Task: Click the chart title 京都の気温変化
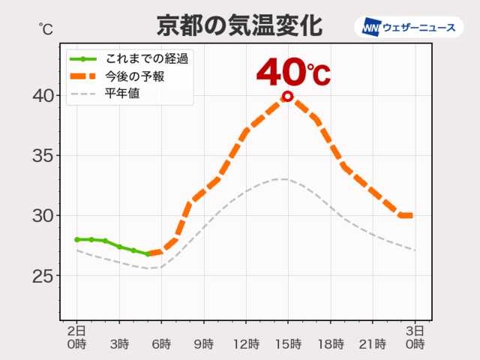tap(239, 25)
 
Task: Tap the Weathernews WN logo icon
tap(370, 27)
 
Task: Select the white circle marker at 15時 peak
tap(287, 96)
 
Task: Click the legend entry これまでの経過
tap(147, 58)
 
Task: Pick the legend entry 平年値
tap(122, 94)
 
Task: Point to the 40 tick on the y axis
tap(43, 96)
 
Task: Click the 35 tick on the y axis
tap(43, 156)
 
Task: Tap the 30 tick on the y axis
tap(43, 216)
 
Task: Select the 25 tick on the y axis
tap(43, 276)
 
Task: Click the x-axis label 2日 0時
tap(76, 337)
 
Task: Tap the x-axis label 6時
tap(160, 344)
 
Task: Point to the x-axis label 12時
tap(245, 344)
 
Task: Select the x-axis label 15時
tap(287, 344)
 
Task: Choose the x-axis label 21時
tap(372, 344)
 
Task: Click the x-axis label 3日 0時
tap(415, 337)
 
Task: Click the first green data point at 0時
tap(76, 239)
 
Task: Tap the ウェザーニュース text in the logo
tap(419, 27)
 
